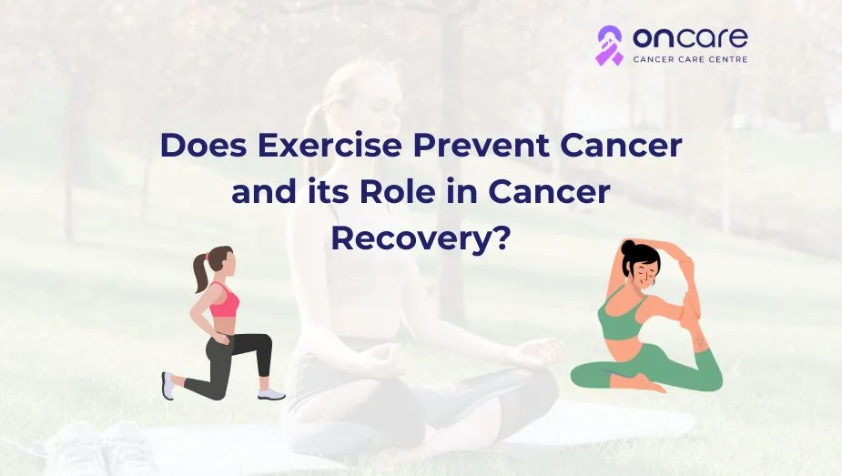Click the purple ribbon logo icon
tap(610, 46)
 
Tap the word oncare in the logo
tap(690, 37)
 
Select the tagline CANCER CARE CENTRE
tap(691, 59)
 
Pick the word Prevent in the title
tap(482, 145)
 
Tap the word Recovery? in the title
tap(420, 239)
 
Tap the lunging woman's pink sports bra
tap(224, 303)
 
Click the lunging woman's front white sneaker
tap(271, 394)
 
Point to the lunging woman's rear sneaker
tap(168, 385)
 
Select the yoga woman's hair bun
tap(628, 247)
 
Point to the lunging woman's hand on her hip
tap(219, 338)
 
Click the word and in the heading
tap(264, 191)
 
